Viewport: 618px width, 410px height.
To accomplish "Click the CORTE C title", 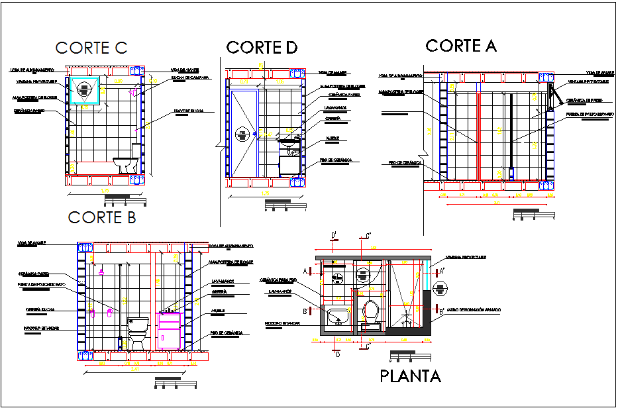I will coord(91,48).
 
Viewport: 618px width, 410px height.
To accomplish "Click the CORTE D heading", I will coord(262,47).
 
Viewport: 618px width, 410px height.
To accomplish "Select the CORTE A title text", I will coord(460,46).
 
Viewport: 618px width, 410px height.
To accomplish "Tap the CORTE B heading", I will coord(102,217).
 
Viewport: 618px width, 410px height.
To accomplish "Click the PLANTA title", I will coord(410,376).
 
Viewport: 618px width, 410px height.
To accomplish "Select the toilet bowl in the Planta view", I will coord(371,311).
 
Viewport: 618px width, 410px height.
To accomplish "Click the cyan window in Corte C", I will coord(85,91).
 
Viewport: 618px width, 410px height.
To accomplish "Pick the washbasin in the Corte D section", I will coord(287,141).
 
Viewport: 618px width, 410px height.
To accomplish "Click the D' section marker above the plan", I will coord(335,235).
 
